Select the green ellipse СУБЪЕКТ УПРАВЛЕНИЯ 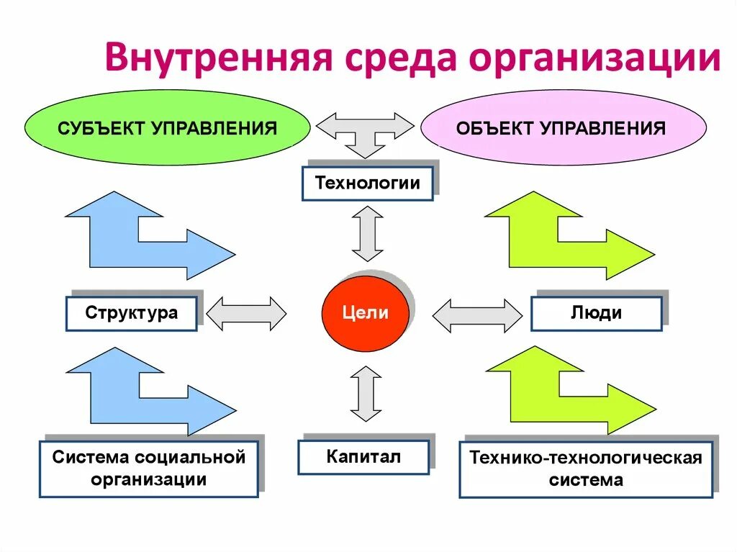(167, 128)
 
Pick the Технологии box (367, 183)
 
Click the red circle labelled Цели (365, 312)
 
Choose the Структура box (131, 313)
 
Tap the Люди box (596, 313)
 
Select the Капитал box (363, 456)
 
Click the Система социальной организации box (148, 468)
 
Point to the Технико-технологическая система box (585, 469)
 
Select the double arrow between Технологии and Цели (367, 233)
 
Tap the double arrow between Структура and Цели (246, 313)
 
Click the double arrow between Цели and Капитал (366, 393)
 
